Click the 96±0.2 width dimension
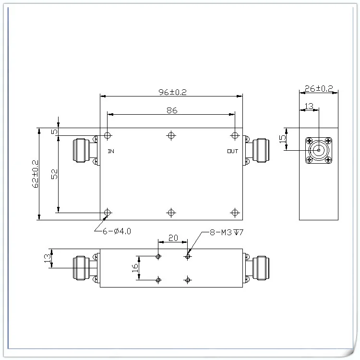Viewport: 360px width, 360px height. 173,92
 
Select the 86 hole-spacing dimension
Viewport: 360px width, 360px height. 172,110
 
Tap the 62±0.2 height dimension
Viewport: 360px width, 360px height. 36,174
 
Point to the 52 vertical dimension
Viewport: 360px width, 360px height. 54,174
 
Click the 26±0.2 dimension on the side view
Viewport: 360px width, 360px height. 319,88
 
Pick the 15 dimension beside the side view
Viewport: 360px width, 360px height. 283,139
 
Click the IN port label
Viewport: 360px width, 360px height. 111,151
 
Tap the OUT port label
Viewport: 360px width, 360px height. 233,151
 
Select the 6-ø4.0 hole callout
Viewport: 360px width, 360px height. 117,231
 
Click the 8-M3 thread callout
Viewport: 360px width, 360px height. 227,233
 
